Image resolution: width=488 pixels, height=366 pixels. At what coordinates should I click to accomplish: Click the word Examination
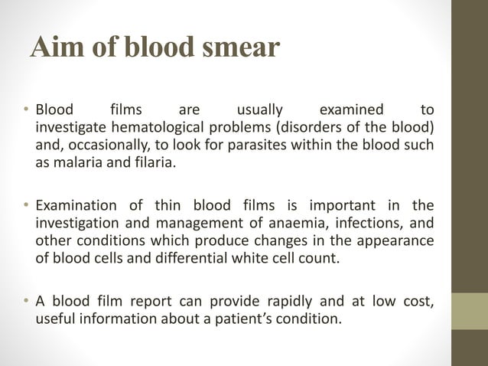[76, 205]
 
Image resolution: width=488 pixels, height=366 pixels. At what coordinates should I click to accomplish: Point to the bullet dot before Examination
[25, 205]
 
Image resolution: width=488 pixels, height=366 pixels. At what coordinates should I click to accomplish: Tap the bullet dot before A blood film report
[25, 302]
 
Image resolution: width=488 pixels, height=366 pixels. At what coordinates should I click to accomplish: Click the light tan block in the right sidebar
[469, 311]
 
